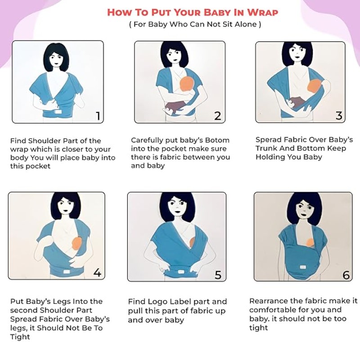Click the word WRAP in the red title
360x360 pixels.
(x=262, y=12)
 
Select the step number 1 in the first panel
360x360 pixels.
(x=98, y=116)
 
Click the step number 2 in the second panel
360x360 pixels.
(x=217, y=116)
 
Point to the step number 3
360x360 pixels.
(x=339, y=116)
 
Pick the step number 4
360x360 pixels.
(x=97, y=273)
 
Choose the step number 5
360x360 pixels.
(x=218, y=274)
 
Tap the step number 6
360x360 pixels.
(x=346, y=275)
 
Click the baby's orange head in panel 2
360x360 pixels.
(x=187, y=84)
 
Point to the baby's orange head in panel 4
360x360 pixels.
(x=77, y=244)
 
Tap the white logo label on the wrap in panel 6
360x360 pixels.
(x=302, y=267)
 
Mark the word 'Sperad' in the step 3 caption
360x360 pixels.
(x=268, y=140)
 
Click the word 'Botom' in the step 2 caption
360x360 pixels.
(x=217, y=140)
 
